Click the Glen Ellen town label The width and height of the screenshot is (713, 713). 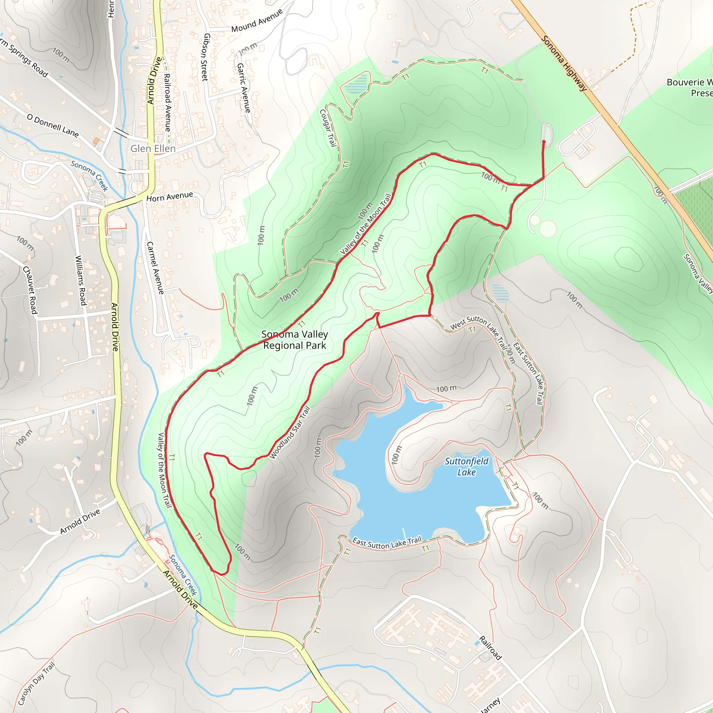click(153, 148)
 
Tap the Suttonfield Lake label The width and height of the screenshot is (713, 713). click(467, 467)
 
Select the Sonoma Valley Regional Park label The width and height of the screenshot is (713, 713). click(295, 340)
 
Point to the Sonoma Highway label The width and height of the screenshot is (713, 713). click(564, 63)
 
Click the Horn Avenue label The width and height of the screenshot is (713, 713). click(170, 197)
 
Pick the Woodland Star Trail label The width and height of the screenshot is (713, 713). click(290, 432)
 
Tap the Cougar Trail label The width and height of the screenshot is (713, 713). click(328, 128)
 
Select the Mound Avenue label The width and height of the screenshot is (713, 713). click(257, 21)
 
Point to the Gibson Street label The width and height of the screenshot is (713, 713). click(205, 57)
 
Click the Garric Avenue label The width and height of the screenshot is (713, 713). click(244, 88)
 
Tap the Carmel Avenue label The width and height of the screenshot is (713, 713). click(155, 268)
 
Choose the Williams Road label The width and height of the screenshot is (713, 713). click(81, 281)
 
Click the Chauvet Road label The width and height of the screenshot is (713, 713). click(30, 290)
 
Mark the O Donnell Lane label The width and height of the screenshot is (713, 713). click(53, 125)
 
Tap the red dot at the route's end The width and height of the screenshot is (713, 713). click(543, 142)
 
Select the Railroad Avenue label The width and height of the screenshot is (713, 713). click(167, 103)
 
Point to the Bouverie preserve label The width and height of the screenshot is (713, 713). click(689, 87)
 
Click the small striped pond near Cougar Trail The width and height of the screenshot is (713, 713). click(356, 84)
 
